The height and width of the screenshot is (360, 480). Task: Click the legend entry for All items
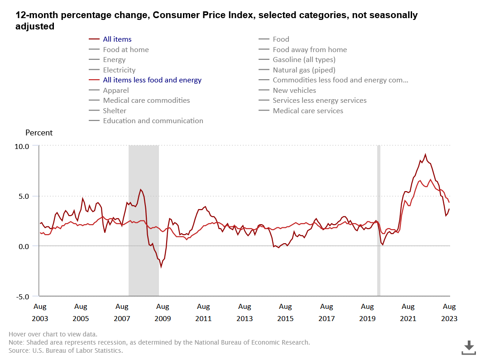(x=117, y=39)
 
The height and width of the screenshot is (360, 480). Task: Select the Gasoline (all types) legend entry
(x=304, y=60)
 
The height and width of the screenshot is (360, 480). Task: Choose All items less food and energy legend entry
(x=152, y=80)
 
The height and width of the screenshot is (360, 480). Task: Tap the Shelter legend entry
(x=115, y=111)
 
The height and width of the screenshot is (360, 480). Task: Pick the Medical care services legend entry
(x=308, y=111)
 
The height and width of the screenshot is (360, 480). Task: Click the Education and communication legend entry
(x=153, y=121)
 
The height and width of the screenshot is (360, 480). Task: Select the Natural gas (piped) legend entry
(x=304, y=70)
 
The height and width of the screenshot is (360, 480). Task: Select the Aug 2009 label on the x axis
(x=163, y=312)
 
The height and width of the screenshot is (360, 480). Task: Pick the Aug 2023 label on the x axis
(x=449, y=312)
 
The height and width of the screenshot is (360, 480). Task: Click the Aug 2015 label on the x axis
(x=285, y=312)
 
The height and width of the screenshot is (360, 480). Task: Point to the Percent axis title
(x=39, y=133)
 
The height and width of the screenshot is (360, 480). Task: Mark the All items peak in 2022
(x=425, y=154)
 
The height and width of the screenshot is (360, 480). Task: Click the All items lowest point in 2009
(x=161, y=267)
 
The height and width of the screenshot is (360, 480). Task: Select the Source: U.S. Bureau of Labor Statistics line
(x=66, y=350)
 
